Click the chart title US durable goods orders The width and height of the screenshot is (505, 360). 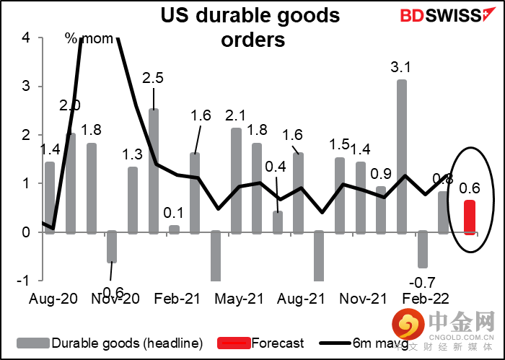252,26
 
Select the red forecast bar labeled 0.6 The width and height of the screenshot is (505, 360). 469,216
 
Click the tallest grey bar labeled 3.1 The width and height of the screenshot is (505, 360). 401,155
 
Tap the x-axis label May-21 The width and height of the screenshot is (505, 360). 239,298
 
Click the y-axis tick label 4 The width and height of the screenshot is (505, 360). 27,38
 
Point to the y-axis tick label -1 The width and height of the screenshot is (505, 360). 23,281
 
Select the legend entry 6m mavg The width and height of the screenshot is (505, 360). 403,343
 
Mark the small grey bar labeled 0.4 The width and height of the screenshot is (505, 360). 278,221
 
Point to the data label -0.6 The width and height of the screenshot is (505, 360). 111,292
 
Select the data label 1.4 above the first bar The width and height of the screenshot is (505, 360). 48,150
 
